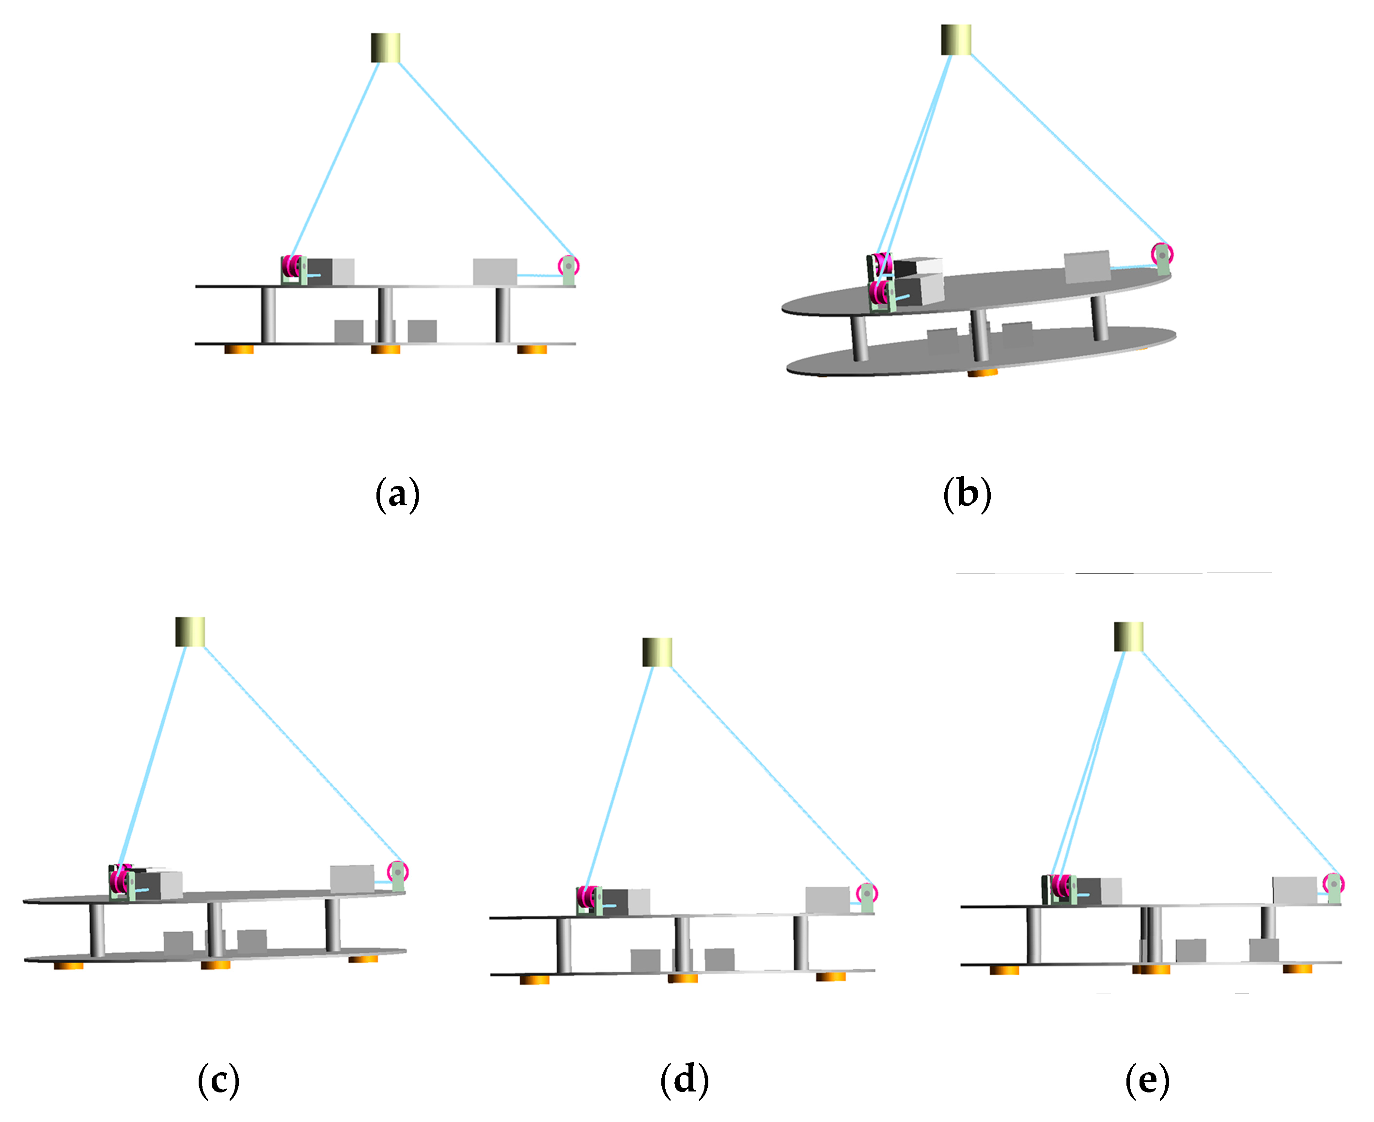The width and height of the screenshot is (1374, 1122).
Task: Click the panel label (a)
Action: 397,495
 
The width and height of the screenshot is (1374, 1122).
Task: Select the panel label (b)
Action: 967,495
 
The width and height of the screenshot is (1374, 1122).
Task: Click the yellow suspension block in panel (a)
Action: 386,48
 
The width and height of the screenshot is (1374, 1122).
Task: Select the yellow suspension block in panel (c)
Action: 190,631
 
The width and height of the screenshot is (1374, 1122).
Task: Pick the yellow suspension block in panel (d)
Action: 656,652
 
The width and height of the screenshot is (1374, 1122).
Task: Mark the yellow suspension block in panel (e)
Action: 1128,637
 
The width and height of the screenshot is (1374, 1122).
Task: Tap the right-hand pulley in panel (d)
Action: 867,894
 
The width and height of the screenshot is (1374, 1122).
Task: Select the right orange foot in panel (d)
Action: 830,977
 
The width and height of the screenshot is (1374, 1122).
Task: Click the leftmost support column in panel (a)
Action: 268,315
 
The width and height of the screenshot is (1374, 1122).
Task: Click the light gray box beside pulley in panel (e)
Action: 1295,890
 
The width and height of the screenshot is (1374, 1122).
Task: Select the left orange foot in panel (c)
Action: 68,966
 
